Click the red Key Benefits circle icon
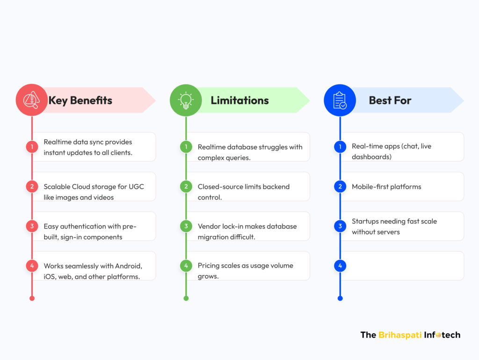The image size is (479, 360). point(32,100)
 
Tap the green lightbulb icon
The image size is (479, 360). point(186,100)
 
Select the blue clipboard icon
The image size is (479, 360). point(340,100)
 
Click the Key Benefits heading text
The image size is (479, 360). point(80,101)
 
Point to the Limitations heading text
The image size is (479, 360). point(239,100)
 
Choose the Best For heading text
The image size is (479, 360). point(390,100)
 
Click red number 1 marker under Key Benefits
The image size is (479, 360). point(32,147)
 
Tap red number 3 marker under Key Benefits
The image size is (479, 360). point(32,226)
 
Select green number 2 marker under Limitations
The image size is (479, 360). point(186,187)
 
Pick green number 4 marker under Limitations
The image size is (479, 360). point(186,266)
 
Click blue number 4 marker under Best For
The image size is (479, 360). point(340,266)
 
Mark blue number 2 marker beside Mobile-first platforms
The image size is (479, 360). point(340,187)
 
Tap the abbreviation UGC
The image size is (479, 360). point(136,187)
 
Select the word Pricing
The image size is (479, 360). point(208,266)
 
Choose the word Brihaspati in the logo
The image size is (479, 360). point(400,335)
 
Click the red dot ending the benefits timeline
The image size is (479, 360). point(32,298)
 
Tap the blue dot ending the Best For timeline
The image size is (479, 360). point(340,298)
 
